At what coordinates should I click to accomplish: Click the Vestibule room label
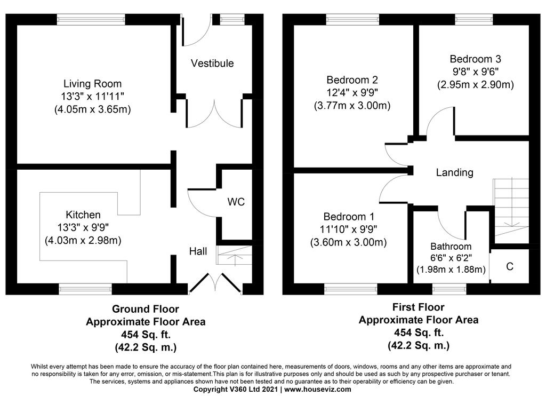pyautogui.click(x=212, y=64)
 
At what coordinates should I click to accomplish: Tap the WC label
pyautogui.click(x=236, y=202)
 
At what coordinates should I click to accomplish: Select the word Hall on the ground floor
pyautogui.click(x=198, y=251)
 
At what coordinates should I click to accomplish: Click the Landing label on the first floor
pyautogui.click(x=454, y=172)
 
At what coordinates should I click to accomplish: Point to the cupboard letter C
pyautogui.click(x=510, y=266)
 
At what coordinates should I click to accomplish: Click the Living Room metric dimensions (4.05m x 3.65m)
pyautogui.click(x=93, y=109)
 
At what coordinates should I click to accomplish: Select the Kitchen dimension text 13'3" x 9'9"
pyautogui.click(x=83, y=228)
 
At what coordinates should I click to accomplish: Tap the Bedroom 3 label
pyautogui.click(x=475, y=59)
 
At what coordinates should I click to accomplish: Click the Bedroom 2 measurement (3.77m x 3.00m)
pyautogui.click(x=352, y=105)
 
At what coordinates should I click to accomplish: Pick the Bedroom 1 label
pyautogui.click(x=349, y=217)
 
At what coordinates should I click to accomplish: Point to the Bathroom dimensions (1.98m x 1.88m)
pyautogui.click(x=451, y=270)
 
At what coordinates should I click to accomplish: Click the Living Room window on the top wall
pyautogui.click(x=91, y=20)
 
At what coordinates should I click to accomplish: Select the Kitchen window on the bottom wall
pyautogui.click(x=85, y=289)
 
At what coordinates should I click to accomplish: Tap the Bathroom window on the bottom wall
pyautogui.click(x=449, y=289)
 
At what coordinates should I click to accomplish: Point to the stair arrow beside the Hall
pyautogui.click(x=234, y=260)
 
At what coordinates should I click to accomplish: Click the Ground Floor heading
pyautogui.click(x=146, y=309)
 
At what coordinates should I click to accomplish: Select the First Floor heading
pyautogui.click(x=419, y=307)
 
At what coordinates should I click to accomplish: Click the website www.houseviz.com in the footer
pyautogui.click(x=318, y=390)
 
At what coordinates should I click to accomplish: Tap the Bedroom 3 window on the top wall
pyautogui.click(x=474, y=20)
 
